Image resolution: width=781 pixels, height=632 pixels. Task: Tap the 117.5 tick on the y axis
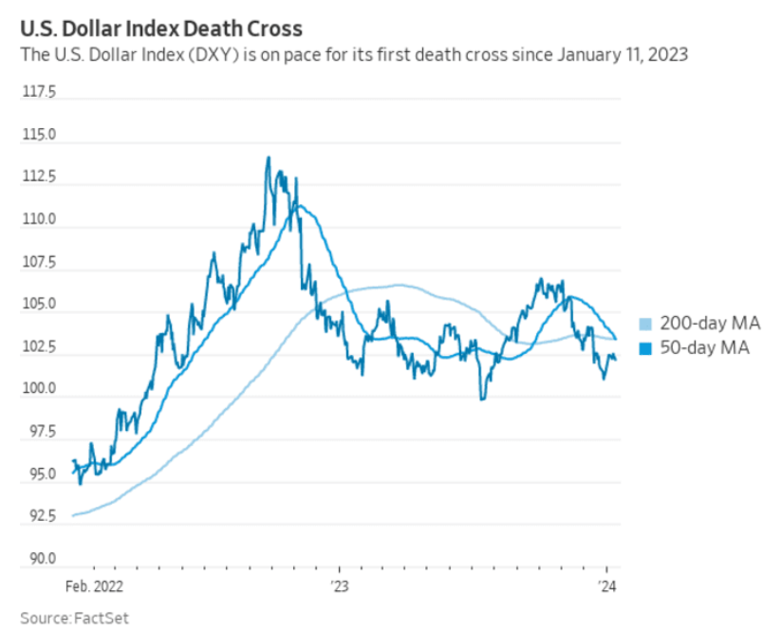click(x=39, y=93)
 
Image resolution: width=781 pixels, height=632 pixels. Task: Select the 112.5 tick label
click(x=39, y=177)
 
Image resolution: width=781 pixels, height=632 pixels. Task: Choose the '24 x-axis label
click(x=607, y=586)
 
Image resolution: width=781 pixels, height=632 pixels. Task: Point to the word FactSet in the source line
click(x=101, y=618)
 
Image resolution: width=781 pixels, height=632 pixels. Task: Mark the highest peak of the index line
click(x=269, y=158)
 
